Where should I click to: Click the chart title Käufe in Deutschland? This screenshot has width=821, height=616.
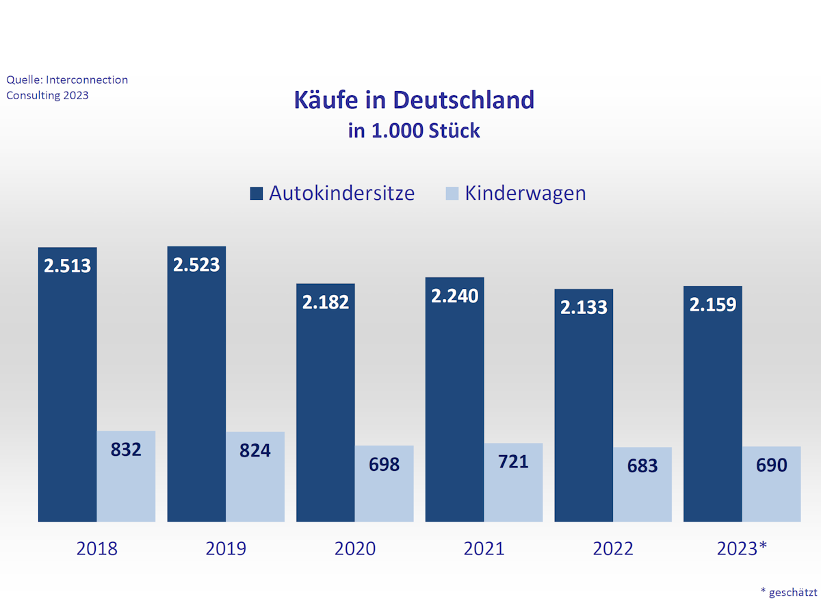pos(413,100)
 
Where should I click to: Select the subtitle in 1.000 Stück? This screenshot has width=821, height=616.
pos(413,131)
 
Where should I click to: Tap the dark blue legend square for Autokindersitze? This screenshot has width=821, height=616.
pos(257,194)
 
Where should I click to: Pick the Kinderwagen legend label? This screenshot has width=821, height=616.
pos(525,193)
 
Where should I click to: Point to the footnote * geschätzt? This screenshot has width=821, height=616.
pos(788,592)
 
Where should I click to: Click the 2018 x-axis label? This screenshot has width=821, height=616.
pos(96,549)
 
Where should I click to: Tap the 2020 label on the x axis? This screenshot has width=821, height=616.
pos(354,549)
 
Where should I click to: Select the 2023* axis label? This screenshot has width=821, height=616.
pos(742,549)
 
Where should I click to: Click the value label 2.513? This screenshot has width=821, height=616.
pos(67,266)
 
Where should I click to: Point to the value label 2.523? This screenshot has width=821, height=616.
pos(196,265)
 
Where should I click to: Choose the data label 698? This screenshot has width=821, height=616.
pos(384,465)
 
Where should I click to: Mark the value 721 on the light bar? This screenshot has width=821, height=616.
pos(513,462)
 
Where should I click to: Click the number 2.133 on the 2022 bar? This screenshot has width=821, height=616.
pos(584,307)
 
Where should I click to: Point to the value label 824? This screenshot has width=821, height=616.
pos(255,451)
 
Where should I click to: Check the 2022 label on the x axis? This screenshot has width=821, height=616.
pos(612,549)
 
